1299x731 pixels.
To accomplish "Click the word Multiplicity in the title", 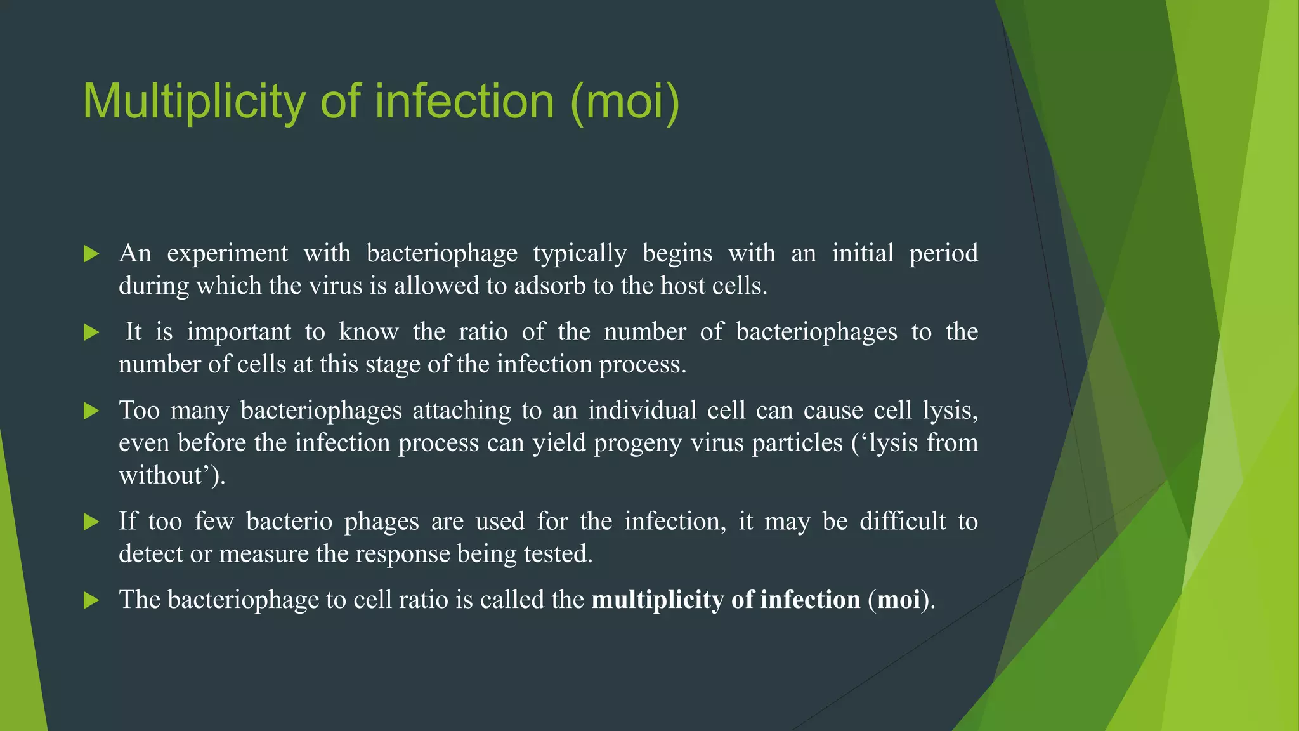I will coord(194,102).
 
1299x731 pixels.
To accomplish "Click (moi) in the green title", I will coord(625,102).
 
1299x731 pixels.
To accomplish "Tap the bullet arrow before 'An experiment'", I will coord(91,254).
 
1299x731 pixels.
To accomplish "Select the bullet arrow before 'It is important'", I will coord(91,333).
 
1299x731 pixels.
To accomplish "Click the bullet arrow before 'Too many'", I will coord(91,411).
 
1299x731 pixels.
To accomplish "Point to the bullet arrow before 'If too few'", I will coord(91,522).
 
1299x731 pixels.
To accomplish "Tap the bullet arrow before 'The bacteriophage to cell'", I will coord(91,600).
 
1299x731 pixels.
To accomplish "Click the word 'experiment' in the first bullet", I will coord(227,253).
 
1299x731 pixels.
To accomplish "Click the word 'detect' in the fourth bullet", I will coord(150,554).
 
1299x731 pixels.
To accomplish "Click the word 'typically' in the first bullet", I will coord(579,253).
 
